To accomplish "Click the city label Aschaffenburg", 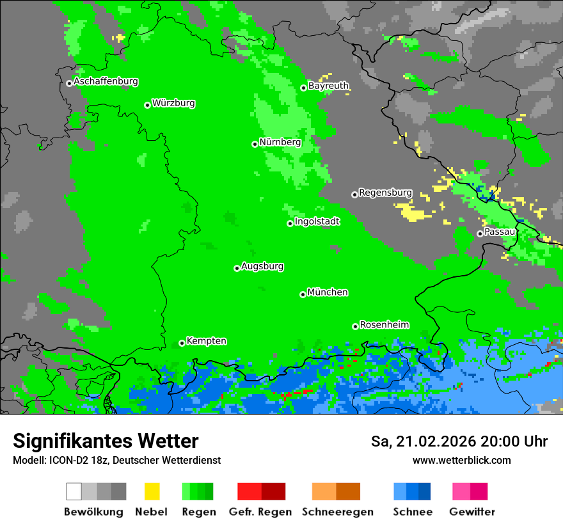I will click(x=106, y=82).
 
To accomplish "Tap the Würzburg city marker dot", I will click(x=147, y=105).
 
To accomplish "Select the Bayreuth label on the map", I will click(x=328, y=86).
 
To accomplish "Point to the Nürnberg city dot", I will click(x=255, y=144).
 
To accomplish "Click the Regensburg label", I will click(x=385, y=193).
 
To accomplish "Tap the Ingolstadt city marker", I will click(x=290, y=223).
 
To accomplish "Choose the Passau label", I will click(x=500, y=232).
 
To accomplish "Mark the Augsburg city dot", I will click(x=237, y=268).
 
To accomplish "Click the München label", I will click(x=328, y=292).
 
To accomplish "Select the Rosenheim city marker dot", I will click(x=355, y=326).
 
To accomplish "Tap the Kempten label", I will click(x=206, y=341).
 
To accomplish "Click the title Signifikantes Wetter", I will click(x=106, y=441).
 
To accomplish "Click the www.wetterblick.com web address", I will click(x=461, y=460).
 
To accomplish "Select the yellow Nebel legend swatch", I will click(x=152, y=491).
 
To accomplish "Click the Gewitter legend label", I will click(x=472, y=512).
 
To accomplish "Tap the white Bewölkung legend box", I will click(x=74, y=491).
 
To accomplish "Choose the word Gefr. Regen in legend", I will click(x=260, y=512).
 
